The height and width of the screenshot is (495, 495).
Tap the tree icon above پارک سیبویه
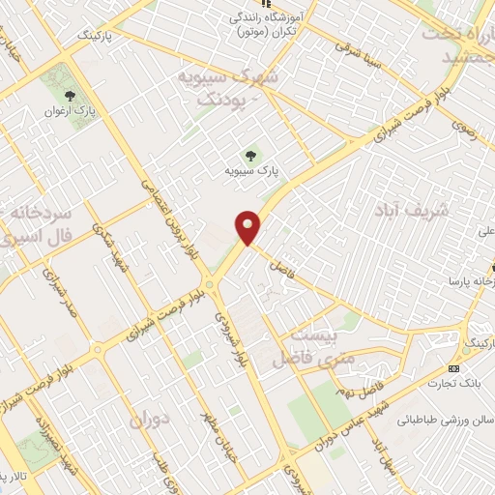pos(251,154)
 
